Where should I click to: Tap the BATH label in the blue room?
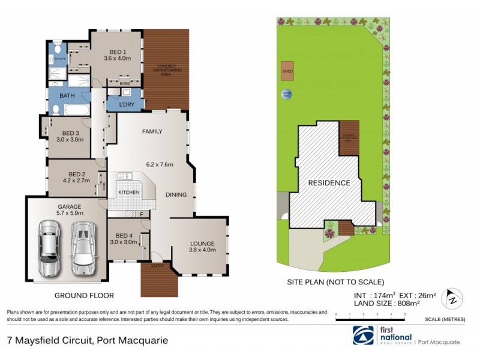pyautogui.click(x=67, y=95)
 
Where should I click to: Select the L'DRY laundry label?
pyautogui.click(x=126, y=104)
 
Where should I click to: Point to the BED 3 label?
pyautogui.click(x=71, y=133)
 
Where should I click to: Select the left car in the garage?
pyautogui.click(x=48, y=247)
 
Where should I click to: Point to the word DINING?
pyautogui.click(x=176, y=194)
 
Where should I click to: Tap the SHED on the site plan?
pyautogui.click(x=287, y=71)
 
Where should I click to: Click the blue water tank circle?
pyautogui.click(x=287, y=94)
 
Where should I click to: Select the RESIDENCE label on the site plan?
pyautogui.click(x=329, y=182)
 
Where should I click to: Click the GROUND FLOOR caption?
pyautogui.click(x=84, y=295)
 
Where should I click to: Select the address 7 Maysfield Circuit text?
pyautogui.click(x=88, y=341)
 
